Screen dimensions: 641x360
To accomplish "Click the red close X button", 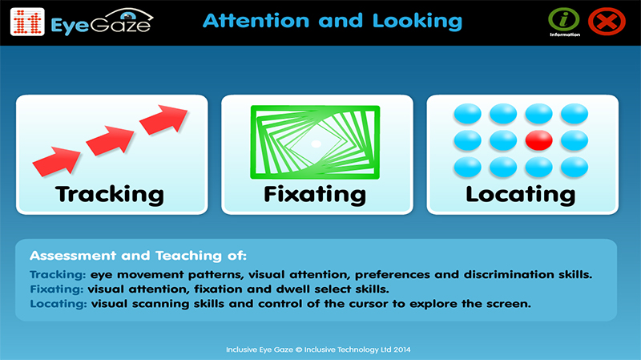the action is tap(607, 22).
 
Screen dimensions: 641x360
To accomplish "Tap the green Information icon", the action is tap(564, 19).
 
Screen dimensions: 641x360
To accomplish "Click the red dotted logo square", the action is tap(27, 22).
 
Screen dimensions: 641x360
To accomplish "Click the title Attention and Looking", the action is tap(333, 22).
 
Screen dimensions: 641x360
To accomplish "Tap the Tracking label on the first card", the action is tap(110, 194).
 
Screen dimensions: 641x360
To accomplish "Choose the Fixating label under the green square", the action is tap(315, 194).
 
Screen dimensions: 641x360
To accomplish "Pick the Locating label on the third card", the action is tap(520, 194).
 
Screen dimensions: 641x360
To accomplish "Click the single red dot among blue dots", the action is tap(538, 140).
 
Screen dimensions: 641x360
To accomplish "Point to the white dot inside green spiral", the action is tap(316, 144).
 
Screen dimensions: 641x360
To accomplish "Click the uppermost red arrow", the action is tap(163, 119).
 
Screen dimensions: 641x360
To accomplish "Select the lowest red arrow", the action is tap(56, 162).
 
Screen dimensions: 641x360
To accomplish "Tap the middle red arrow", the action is tap(110, 140).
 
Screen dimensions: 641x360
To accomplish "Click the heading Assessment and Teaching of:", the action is tap(138, 256).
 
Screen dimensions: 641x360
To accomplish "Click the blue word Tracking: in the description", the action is tap(58, 274).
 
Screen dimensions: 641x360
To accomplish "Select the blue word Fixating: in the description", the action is tap(56, 289).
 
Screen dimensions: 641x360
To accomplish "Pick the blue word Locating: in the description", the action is tap(58, 304).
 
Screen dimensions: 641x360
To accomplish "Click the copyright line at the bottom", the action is tap(318, 350).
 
